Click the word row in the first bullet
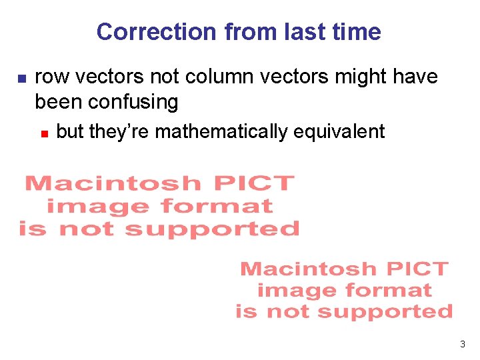(x=53, y=78)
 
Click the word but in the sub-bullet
(x=70, y=131)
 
